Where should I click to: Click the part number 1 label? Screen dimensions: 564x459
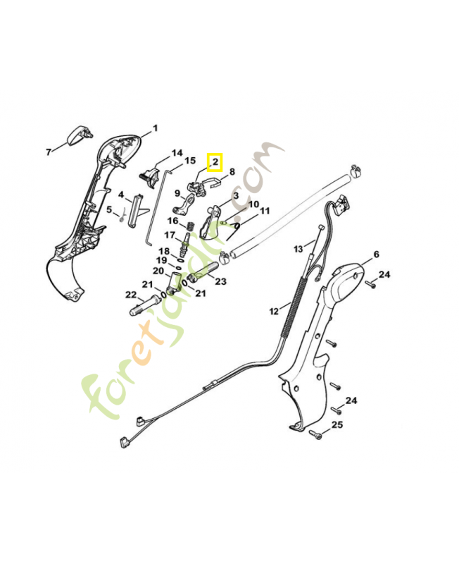tap(155, 128)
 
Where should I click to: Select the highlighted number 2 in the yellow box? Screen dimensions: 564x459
tap(214, 163)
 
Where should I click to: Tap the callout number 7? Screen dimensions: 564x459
tap(49, 152)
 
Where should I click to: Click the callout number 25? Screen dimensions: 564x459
tap(337, 424)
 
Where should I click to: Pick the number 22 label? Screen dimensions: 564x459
tap(130, 295)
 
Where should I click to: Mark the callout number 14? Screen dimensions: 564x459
tap(176, 153)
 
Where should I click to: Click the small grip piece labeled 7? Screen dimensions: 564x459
tap(77, 136)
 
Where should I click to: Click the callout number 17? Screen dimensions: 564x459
tap(170, 235)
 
